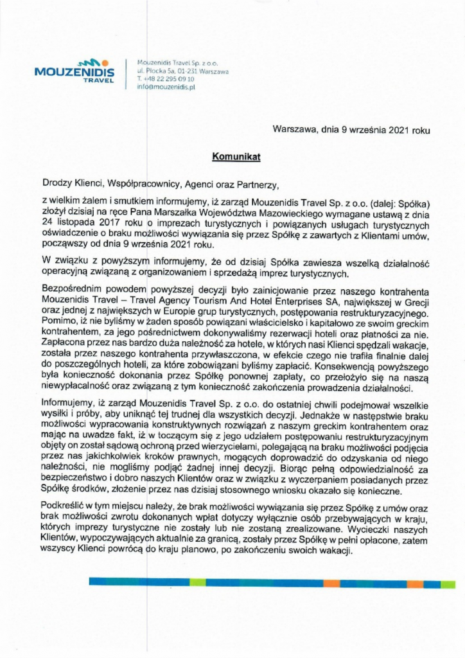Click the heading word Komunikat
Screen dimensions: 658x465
pyautogui.click(x=236, y=156)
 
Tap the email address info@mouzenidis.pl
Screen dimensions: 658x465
pyautogui.click(x=166, y=86)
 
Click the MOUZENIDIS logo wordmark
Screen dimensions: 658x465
pyautogui.click(x=74, y=72)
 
